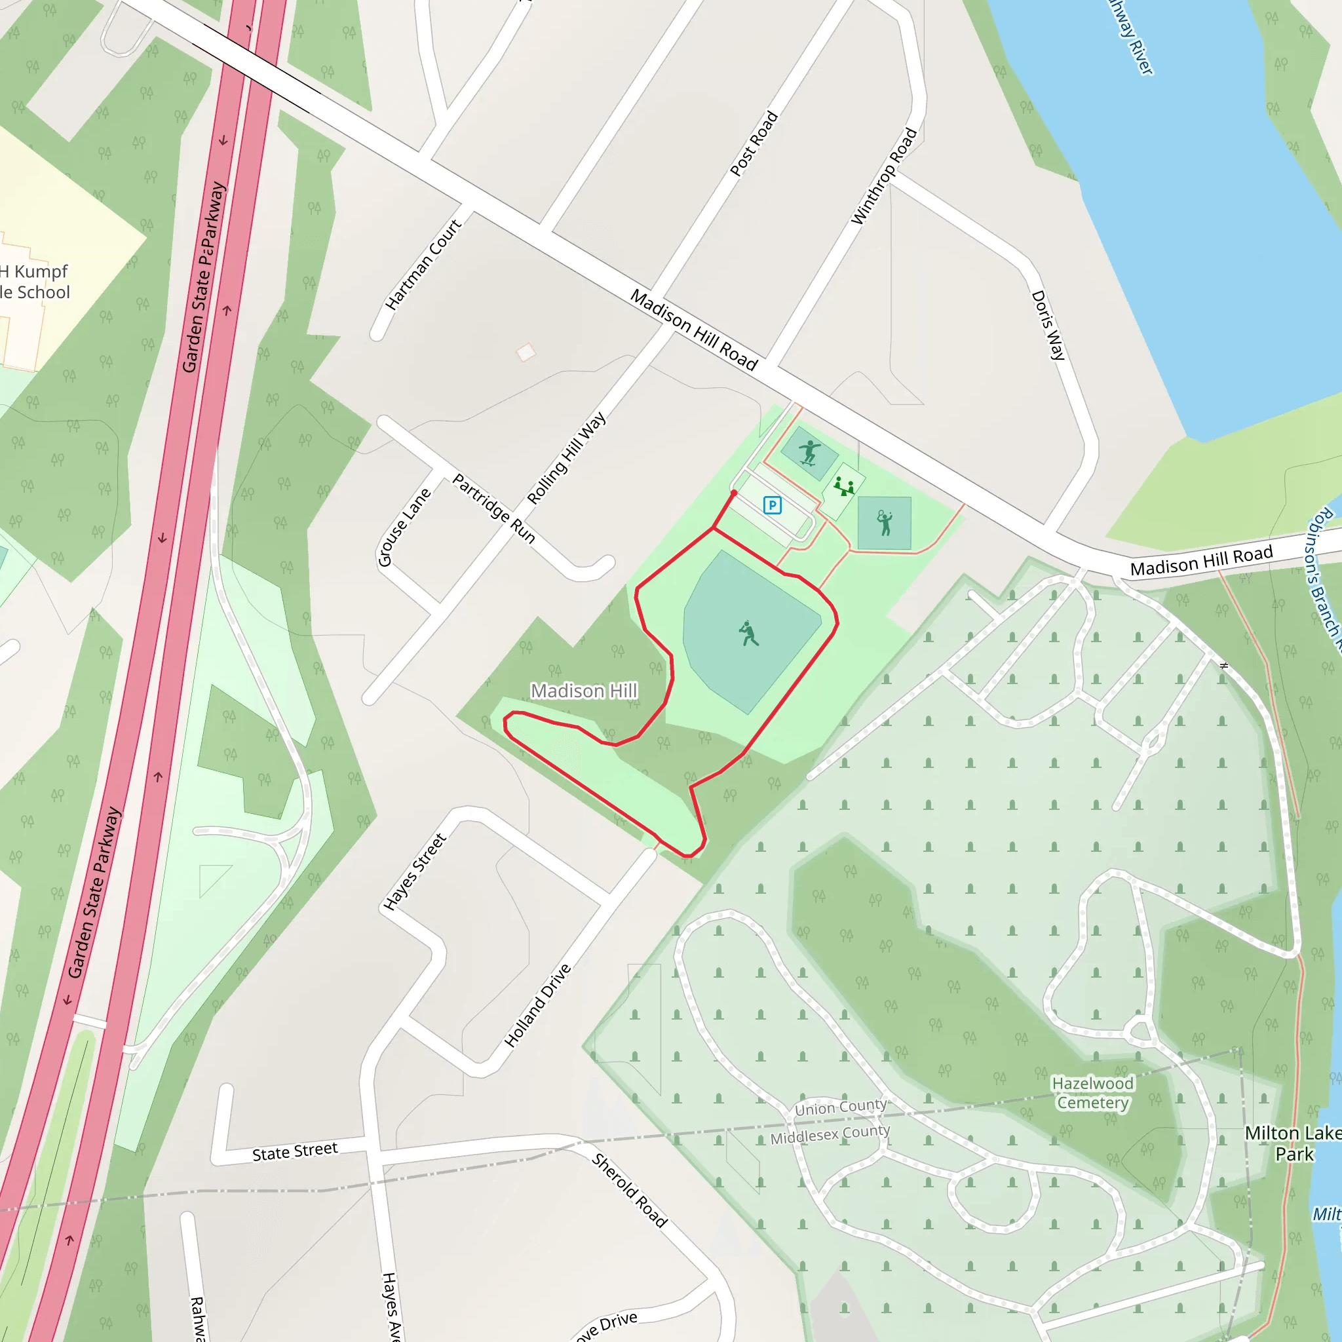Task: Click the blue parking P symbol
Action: coord(772,505)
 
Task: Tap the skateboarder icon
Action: coord(809,453)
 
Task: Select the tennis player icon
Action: coord(884,522)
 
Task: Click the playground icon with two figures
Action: coord(844,486)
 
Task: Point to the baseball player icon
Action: coord(748,633)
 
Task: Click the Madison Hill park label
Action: coord(583,691)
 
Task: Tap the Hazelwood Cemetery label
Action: coord(1092,1092)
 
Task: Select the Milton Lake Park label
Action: coord(1294,1143)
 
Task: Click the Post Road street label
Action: coord(754,144)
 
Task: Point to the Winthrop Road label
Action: coord(884,176)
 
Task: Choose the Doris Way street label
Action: coord(1048,325)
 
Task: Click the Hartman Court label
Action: coord(423,265)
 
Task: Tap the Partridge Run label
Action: coord(494,508)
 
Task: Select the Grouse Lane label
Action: coord(404,527)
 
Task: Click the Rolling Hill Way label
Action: coord(566,459)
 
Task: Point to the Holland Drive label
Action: coord(537,1005)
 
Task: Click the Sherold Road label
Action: coord(629,1190)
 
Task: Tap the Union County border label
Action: coord(841,1107)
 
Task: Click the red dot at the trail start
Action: coord(733,493)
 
